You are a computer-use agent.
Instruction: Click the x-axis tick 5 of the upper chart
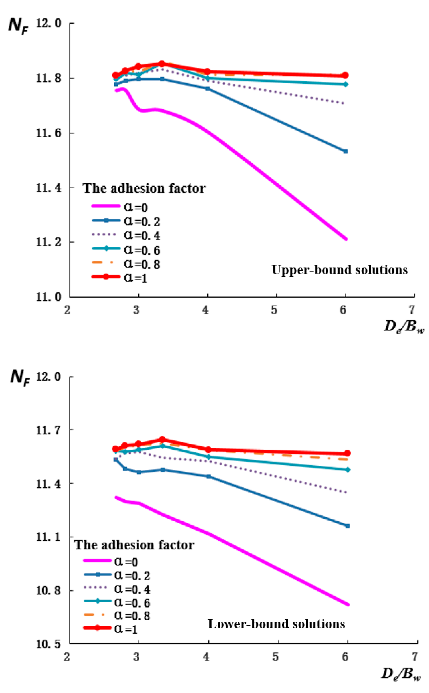pos(274,310)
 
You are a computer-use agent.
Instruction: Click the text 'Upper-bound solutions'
pos(339,270)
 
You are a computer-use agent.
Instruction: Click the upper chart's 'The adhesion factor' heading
pos(144,188)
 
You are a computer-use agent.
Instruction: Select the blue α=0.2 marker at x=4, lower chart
pos(208,477)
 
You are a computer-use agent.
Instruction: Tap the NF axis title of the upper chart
pos(18,26)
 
